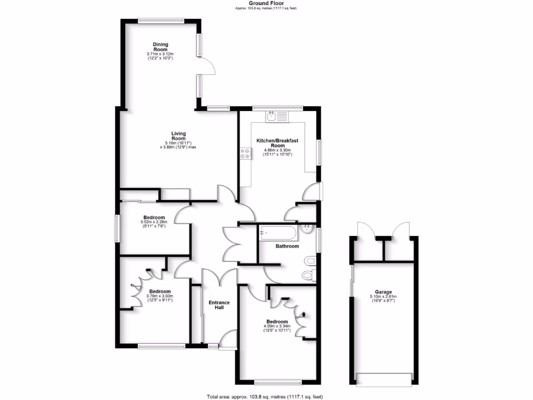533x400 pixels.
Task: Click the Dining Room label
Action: pyautogui.click(x=160, y=47)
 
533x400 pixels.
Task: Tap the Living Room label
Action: pyautogui.click(x=179, y=136)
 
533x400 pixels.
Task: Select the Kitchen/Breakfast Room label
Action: pyautogui.click(x=278, y=143)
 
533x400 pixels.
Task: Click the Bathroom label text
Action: pyautogui.click(x=287, y=246)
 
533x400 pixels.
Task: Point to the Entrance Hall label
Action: pyautogui.click(x=219, y=305)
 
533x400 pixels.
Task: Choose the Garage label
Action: pyautogui.click(x=383, y=292)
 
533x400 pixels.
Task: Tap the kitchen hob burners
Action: pyautogui.click(x=245, y=154)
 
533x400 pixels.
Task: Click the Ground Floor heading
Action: pyautogui.click(x=266, y=3)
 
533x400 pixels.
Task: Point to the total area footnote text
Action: pyautogui.click(x=266, y=396)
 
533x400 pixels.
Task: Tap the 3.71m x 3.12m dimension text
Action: pyautogui.click(x=160, y=54)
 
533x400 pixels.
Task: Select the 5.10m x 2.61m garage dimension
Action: pyautogui.click(x=383, y=297)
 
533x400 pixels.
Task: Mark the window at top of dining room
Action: pyautogui.click(x=161, y=21)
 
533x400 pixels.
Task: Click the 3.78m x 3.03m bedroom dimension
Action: pyautogui.click(x=159, y=296)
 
